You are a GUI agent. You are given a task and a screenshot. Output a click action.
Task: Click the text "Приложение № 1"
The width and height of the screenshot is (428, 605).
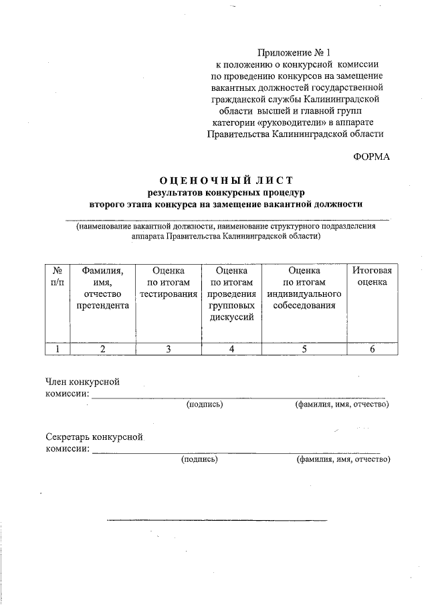tap(295, 52)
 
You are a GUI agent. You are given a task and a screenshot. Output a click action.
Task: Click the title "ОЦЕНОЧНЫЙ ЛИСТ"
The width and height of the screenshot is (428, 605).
tap(226, 180)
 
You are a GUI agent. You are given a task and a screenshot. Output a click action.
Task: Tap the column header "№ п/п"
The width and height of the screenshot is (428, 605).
tap(58, 276)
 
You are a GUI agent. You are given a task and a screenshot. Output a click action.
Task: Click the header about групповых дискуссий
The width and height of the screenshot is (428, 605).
tap(231, 293)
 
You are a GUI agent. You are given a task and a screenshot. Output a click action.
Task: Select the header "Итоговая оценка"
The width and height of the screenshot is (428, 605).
tap(371, 276)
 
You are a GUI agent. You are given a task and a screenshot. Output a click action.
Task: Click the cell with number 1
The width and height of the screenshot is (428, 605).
tap(58, 348)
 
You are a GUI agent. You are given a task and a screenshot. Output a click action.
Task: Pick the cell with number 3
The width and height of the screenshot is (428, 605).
tap(168, 348)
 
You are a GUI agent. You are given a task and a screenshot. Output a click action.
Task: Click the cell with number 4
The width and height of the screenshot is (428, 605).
tap(231, 348)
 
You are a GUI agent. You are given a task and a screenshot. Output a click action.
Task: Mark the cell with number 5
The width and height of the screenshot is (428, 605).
tap(304, 348)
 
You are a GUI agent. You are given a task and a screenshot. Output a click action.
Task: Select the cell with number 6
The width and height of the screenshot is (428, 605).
tap(371, 348)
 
